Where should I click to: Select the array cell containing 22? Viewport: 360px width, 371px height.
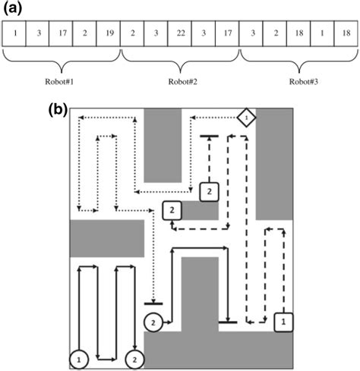(179, 34)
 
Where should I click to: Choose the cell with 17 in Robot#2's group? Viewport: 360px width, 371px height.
(227, 34)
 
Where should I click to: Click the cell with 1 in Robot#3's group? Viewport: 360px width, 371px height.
(322, 34)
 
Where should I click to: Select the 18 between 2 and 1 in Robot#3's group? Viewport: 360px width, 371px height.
(298, 34)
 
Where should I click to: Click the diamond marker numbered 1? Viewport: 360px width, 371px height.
(247, 117)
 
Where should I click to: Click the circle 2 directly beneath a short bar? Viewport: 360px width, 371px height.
(153, 322)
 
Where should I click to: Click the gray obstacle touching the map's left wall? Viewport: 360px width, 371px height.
(106, 238)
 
